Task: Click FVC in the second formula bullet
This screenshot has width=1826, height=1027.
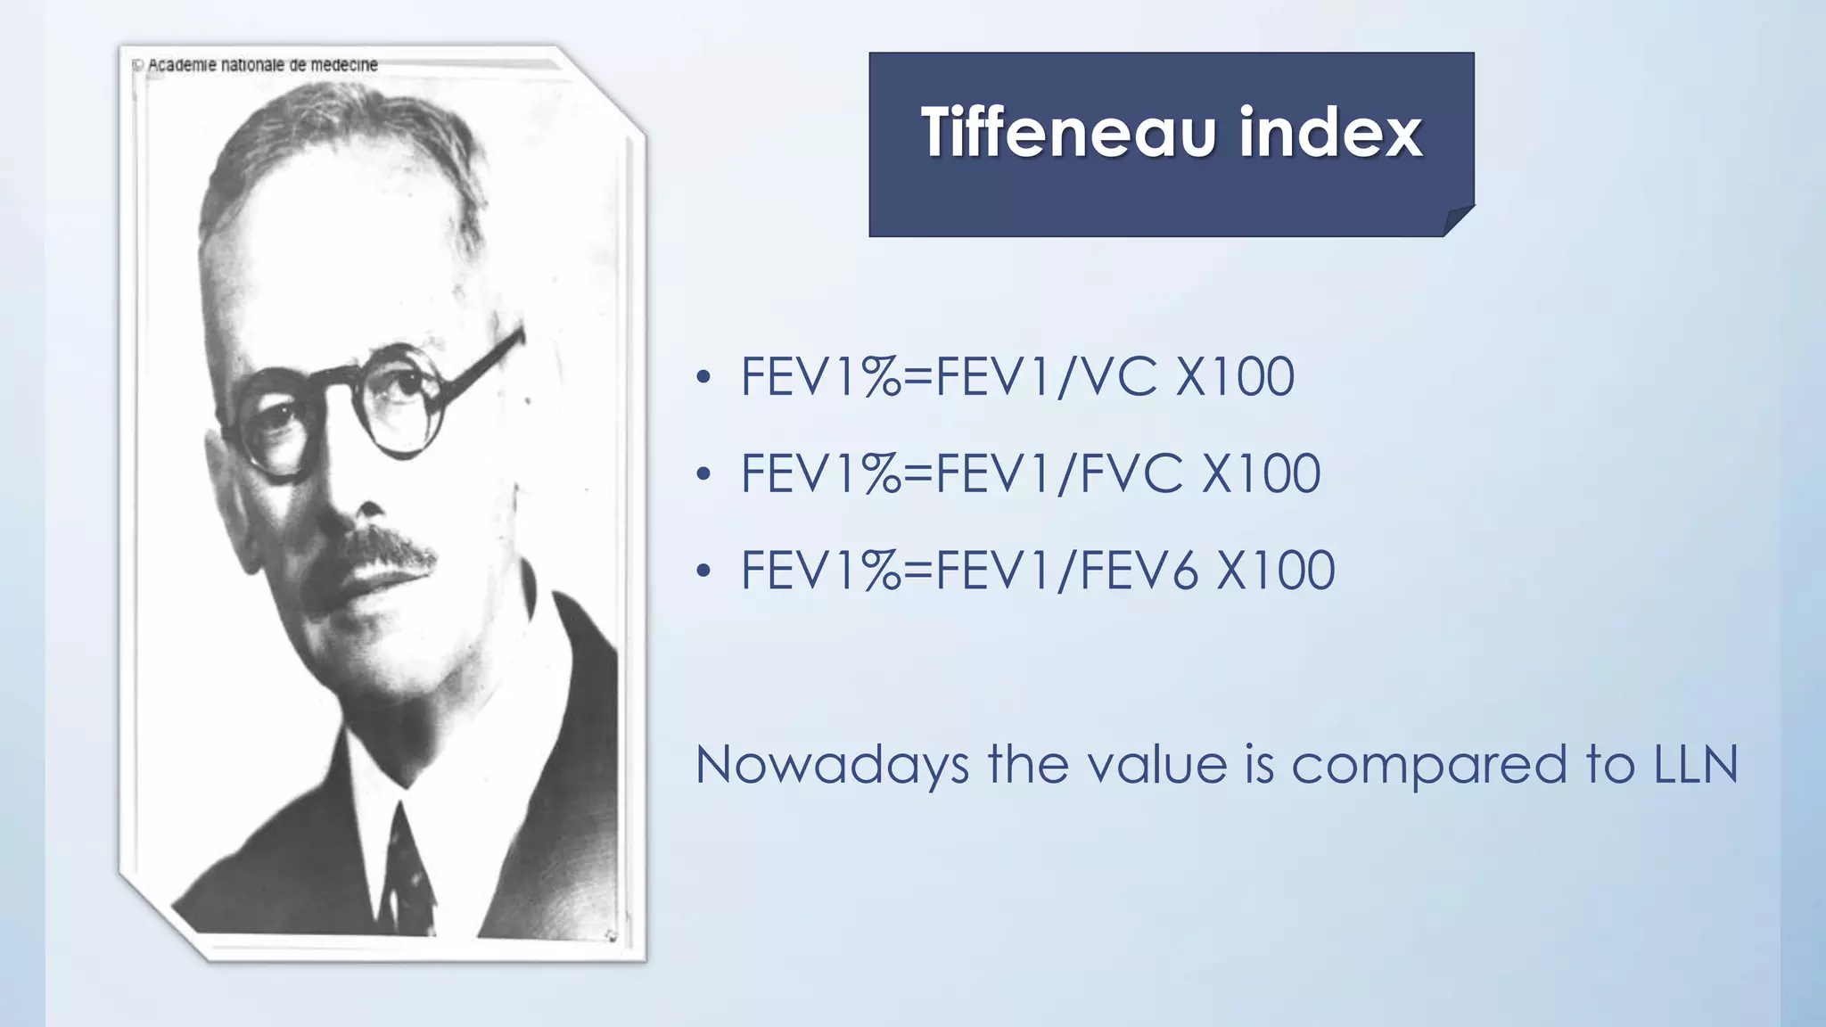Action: point(1132,473)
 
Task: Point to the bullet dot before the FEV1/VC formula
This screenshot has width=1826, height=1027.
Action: point(703,378)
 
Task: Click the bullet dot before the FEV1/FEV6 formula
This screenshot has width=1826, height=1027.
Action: point(703,571)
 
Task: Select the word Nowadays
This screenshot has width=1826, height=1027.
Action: point(832,765)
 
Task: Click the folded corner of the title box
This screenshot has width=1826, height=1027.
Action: point(1457,219)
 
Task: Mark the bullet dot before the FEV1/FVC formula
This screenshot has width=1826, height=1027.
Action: point(703,474)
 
